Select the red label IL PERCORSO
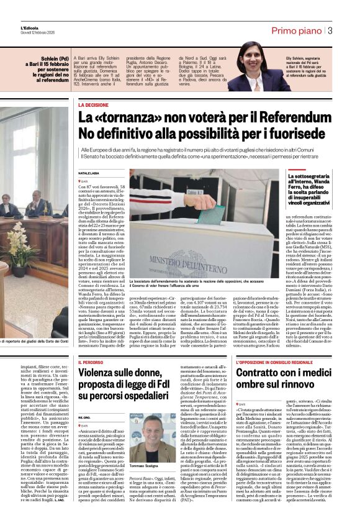[x=91, y=362]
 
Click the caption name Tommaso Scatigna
[x=146, y=465]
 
